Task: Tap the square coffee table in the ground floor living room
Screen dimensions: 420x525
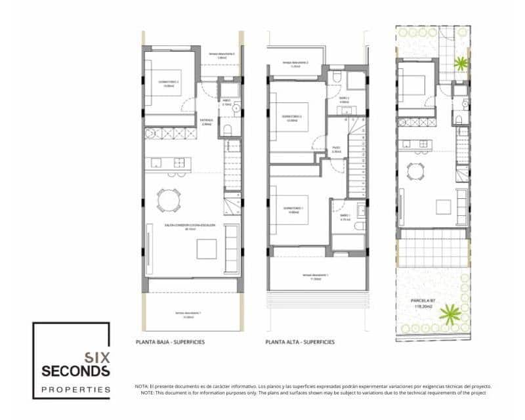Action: click(207, 249)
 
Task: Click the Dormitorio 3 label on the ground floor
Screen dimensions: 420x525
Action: click(169, 84)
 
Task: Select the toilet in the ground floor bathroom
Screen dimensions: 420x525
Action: click(228, 129)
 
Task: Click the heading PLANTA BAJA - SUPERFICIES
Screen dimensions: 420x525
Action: click(169, 342)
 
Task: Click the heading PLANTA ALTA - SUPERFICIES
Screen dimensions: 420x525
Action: click(301, 342)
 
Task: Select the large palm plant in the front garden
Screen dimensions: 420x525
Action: click(450, 313)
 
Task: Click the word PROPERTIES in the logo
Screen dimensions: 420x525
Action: click(76, 389)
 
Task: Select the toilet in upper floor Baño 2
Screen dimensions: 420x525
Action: click(336, 78)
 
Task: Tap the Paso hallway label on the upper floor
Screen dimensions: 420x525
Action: click(335, 150)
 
